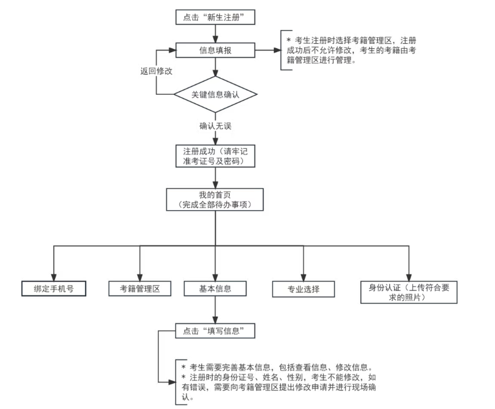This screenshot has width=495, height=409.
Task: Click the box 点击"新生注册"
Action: tap(215, 17)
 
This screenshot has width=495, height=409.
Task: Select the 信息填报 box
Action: tap(215, 51)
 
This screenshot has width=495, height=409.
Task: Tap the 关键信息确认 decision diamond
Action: tap(215, 94)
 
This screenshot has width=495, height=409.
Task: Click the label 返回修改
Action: tap(157, 72)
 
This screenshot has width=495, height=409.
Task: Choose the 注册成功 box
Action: tap(215, 156)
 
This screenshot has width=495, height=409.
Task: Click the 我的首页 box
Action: tap(215, 199)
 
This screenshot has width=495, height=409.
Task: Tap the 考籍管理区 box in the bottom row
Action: tap(140, 288)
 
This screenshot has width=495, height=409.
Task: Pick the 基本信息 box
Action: tap(215, 288)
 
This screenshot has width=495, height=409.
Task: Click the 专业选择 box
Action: tap(304, 289)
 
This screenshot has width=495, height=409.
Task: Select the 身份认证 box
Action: tap(409, 293)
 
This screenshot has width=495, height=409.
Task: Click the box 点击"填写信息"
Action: tap(215, 331)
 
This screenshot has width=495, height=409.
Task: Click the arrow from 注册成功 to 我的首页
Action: tap(215, 178)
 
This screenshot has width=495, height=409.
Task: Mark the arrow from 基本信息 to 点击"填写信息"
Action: tap(215, 310)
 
